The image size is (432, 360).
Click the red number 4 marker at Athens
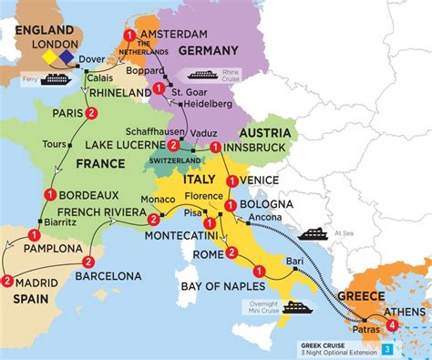tap(392, 324)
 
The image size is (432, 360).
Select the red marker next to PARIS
tap(91, 113)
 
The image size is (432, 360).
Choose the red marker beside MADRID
tap(7, 281)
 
